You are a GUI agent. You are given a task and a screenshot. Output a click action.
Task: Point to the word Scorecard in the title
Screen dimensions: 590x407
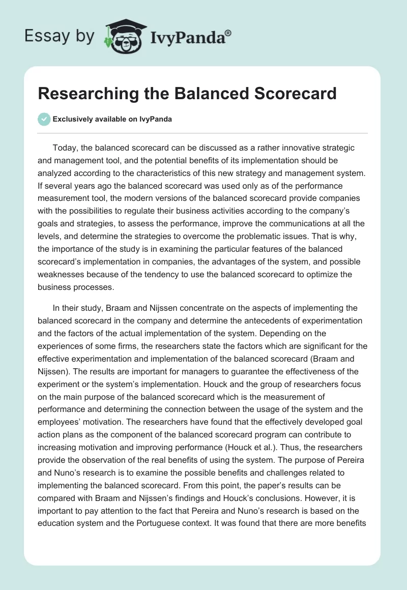[x=292, y=94]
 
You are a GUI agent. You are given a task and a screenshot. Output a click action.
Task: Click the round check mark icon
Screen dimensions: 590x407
[x=43, y=119]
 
